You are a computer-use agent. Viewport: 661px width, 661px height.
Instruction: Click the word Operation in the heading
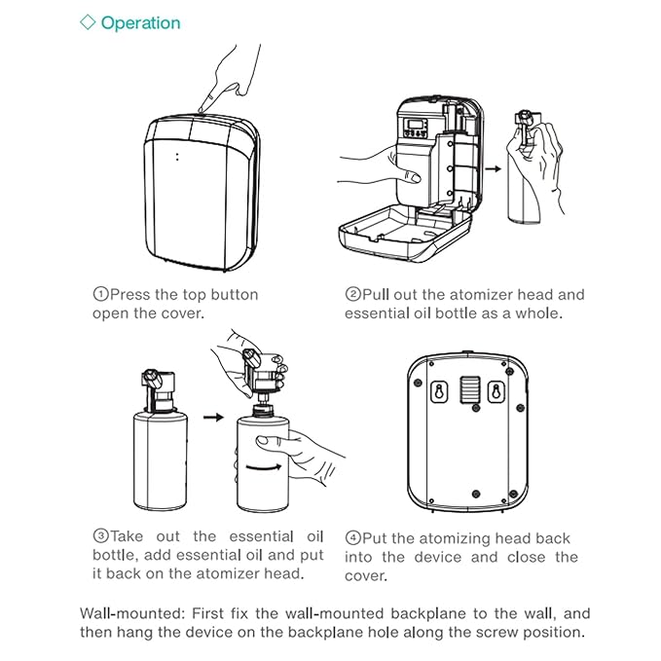[x=140, y=22]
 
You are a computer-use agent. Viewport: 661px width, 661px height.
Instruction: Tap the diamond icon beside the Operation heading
[x=88, y=22]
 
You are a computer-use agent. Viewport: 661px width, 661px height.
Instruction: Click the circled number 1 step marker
[x=99, y=294]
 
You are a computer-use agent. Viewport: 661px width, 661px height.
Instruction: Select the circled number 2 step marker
[x=352, y=294]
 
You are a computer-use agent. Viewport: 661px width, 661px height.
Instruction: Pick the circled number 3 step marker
[x=99, y=536]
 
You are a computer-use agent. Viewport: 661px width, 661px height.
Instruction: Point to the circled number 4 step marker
[x=352, y=538]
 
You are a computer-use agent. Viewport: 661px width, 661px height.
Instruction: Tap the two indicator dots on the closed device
[x=177, y=157]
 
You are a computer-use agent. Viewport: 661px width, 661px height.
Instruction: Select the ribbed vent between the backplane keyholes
[x=470, y=388]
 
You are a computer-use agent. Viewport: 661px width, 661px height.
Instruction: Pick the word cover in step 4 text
[x=366, y=575]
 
